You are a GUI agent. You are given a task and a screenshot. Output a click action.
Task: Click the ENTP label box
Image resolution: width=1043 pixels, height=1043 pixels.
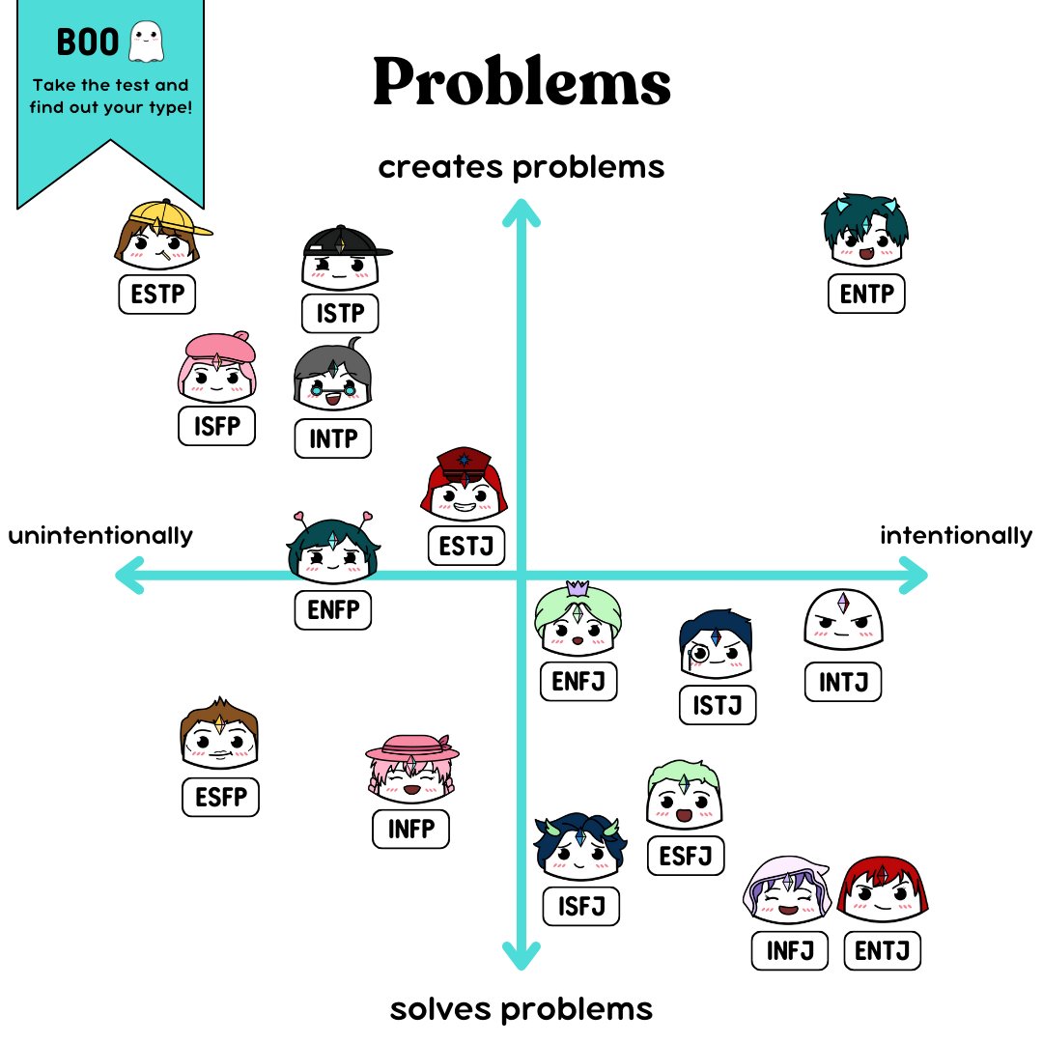tap(866, 295)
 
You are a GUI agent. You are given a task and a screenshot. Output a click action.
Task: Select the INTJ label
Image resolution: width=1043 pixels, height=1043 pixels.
tap(843, 683)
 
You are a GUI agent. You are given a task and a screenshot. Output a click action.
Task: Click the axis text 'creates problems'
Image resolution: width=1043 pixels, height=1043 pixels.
tap(521, 167)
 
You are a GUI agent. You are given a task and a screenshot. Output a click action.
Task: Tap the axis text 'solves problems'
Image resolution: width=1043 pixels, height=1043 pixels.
tap(521, 1010)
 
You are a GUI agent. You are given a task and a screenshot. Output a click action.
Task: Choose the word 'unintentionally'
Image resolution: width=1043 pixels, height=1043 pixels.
tap(100, 535)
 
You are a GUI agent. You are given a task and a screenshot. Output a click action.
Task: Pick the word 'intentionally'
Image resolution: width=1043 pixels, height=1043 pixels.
tap(955, 535)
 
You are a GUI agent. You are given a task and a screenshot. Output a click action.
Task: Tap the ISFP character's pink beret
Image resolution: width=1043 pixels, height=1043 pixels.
tap(217, 345)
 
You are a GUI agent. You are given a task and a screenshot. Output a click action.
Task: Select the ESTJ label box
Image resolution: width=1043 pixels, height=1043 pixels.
tap(466, 546)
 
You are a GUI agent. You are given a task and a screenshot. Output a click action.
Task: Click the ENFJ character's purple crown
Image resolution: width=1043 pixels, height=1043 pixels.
tap(578, 586)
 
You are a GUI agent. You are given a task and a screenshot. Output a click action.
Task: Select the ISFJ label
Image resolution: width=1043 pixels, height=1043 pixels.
tap(580, 906)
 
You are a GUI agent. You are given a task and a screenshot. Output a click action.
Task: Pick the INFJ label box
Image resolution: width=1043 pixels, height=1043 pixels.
tap(790, 951)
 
